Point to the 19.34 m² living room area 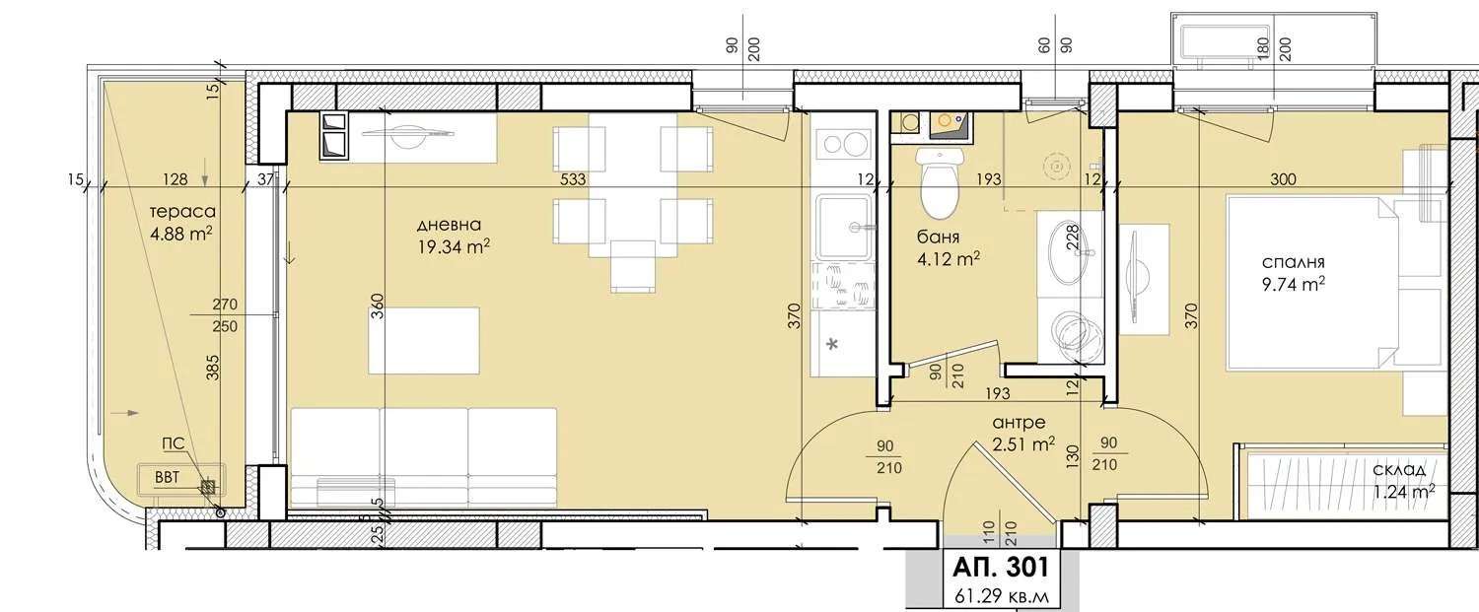pos(453,247)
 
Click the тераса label pos(183,212)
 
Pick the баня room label pos(939,238)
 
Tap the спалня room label pos(1293,262)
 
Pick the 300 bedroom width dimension pos(1283,179)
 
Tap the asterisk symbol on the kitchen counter pos(832,344)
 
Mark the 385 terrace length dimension pos(210,366)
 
